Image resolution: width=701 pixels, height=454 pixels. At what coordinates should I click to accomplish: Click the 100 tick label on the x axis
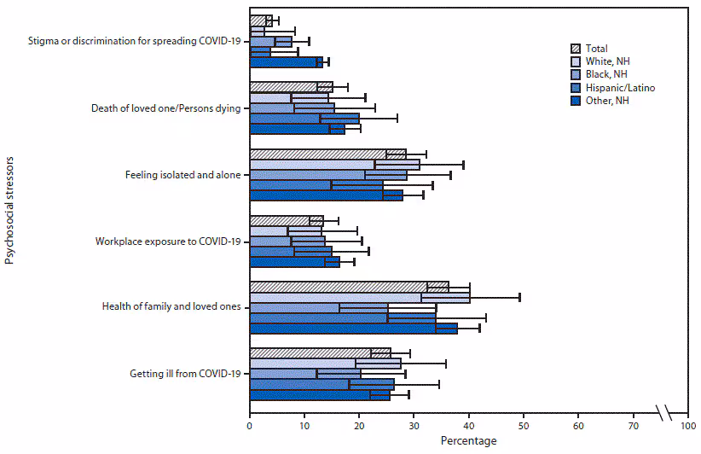pyautogui.click(x=687, y=424)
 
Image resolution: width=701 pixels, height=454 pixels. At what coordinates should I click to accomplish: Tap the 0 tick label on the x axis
pyautogui.click(x=250, y=424)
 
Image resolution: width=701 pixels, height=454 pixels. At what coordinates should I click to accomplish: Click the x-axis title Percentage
pyautogui.click(x=468, y=441)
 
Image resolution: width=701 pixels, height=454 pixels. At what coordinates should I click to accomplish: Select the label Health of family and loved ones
pyautogui.click(x=174, y=307)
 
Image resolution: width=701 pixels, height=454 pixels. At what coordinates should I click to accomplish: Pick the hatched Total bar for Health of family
pyautogui.click(x=349, y=286)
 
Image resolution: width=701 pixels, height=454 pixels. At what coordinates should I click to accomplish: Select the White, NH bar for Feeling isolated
pyautogui.click(x=334, y=164)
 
